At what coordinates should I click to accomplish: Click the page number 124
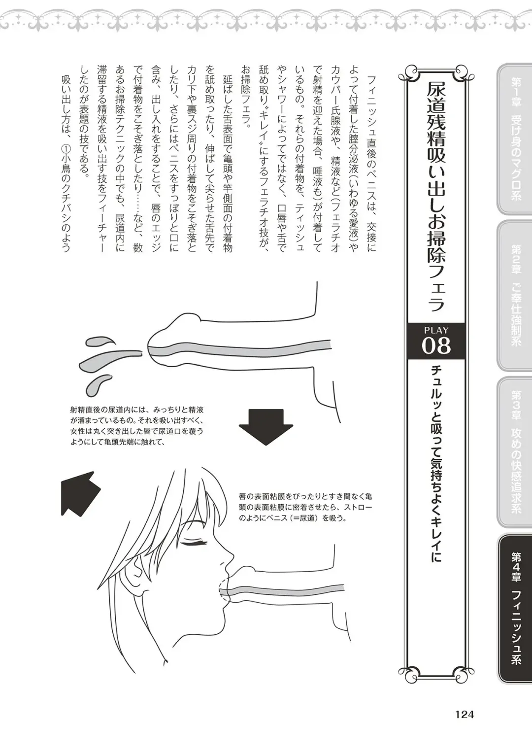[x=464, y=714]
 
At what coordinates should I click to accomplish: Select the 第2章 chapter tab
[x=515, y=296]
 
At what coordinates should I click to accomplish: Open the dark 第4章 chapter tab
[x=515, y=608]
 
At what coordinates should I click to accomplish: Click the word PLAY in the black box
[x=436, y=330]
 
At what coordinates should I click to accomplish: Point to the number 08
[x=436, y=346]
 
